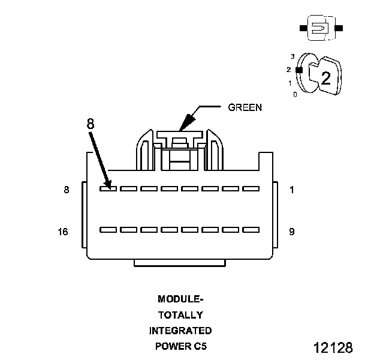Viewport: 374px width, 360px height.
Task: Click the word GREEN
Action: (x=245, y=108)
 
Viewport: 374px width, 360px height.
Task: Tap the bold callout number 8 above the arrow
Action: (x=90, y=124)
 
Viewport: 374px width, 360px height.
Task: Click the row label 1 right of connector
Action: (x=291, y=190)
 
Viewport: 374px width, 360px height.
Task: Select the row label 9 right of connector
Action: (x=291, y=231)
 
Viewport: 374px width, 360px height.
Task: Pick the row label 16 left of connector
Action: (x=63, y=231)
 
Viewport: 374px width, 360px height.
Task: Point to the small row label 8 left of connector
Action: (x=66, y=190)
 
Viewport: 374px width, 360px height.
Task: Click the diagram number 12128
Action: (x=333, y=348)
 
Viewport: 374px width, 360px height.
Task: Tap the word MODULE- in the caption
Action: (x=180, y=299)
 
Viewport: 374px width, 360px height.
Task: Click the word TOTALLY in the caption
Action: (x=180, y=314)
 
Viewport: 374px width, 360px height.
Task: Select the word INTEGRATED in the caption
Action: (x=180, y=330)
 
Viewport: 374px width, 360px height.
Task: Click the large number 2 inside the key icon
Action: (x=325, y=78)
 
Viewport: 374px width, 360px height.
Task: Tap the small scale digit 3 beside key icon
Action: (x=292, y=56)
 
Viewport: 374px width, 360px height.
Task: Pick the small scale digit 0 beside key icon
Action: (x=295, y=94)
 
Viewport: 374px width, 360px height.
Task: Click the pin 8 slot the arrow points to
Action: (x=108, y=188)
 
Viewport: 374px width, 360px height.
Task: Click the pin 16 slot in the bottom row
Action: (x=108, y=229)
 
